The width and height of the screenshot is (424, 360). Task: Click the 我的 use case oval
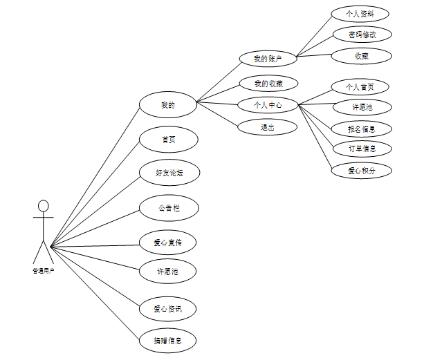click(x=168, y=105)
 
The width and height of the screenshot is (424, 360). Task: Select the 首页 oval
click(x=168, y=139)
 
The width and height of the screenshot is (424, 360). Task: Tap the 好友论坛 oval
click(x=168, y=172)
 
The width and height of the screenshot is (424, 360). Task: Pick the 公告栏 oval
click(x=168, y=207)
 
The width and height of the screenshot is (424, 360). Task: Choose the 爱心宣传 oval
click(x=168, y=243)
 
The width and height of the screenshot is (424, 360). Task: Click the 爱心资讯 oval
click(x=168, y=308)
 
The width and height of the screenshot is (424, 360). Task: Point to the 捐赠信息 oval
click(x=168, y=340)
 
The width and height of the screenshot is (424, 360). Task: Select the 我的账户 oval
click(x=267, y=59)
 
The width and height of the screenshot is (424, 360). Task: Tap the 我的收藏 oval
click(x=267, y=84)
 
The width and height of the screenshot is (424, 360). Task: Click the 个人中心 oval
click(x=267, y=105)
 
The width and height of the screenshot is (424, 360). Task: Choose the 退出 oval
click(x=267, y=127)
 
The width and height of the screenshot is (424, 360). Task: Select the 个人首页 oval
click(x=360, y=86)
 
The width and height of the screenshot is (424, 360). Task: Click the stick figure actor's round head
click(x=44, y=206)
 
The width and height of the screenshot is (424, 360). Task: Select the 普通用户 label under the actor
click(x=43, y=271)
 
